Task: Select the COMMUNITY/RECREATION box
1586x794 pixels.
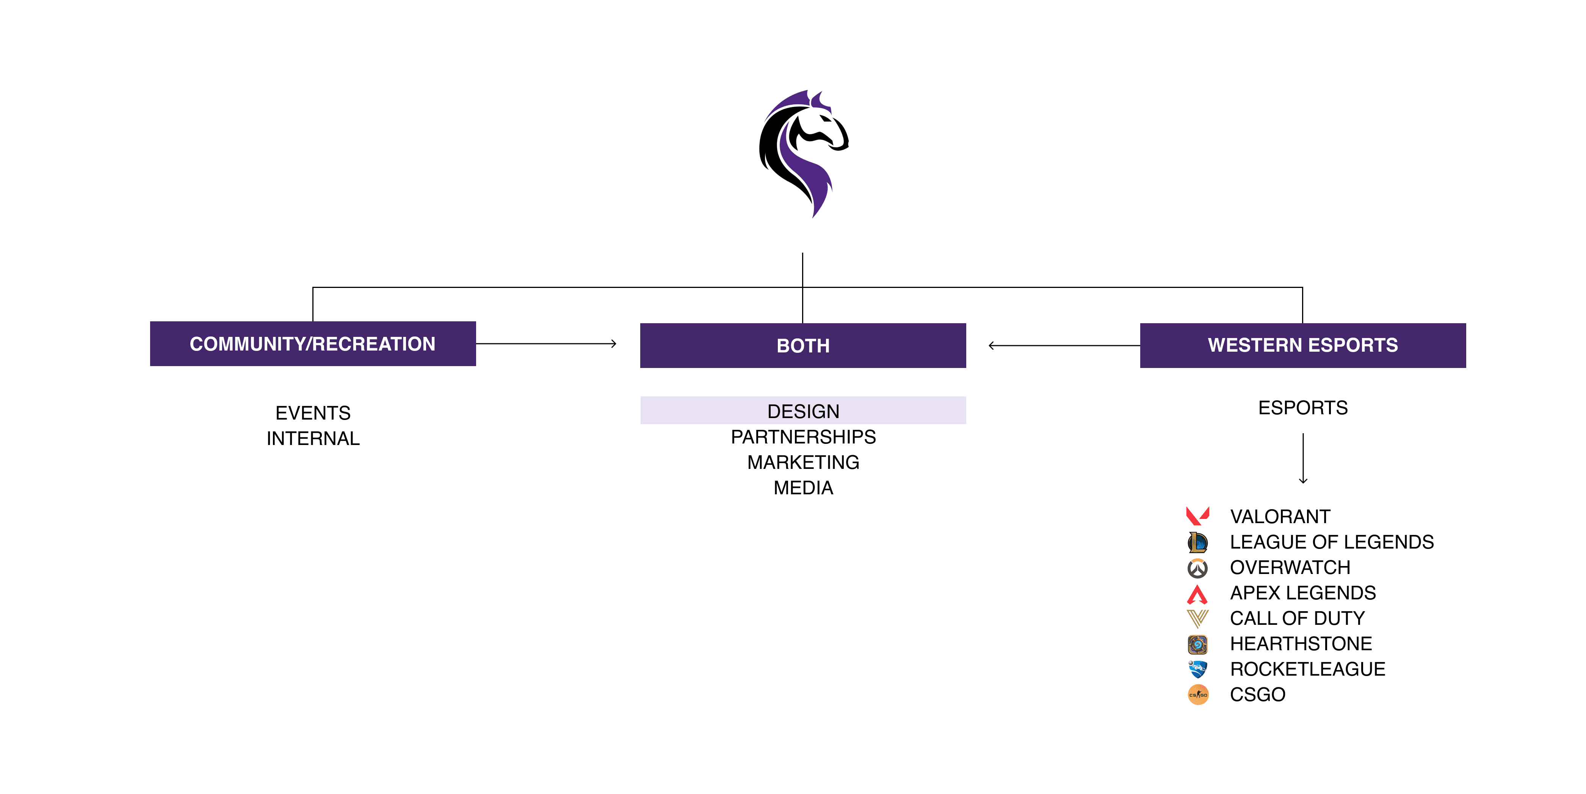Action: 313,344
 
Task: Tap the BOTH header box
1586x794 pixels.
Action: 803,346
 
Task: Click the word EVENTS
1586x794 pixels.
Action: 313,413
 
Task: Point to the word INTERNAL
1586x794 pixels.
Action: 313,439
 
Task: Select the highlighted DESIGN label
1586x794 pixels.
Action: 803,411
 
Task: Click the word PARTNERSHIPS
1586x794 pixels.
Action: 803,437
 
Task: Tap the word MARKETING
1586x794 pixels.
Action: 803,462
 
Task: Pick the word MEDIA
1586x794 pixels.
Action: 803,488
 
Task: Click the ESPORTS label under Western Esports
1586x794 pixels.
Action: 1303,408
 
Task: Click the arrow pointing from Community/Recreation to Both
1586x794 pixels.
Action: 546,344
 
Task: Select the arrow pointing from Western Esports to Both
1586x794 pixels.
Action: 1064,346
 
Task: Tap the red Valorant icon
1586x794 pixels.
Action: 1197,516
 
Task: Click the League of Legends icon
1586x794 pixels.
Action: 1197,542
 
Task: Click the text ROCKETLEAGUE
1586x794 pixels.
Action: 1307,669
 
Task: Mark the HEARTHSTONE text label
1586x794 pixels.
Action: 1300,644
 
